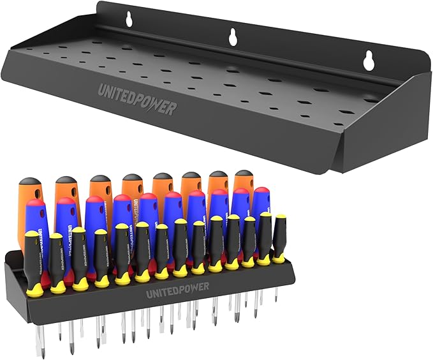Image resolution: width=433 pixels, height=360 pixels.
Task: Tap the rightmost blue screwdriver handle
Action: (261, 207)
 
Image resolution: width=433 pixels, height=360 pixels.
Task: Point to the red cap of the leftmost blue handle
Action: (36, 204)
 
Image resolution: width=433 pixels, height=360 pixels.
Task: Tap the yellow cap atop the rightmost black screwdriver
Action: (280, 217)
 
